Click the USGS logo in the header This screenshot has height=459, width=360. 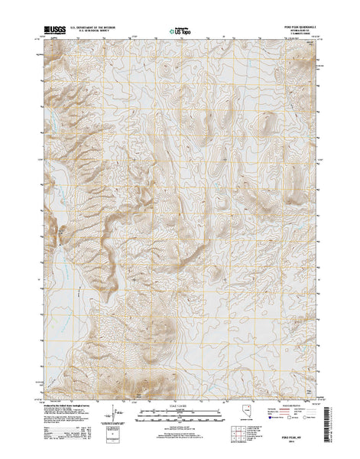57,30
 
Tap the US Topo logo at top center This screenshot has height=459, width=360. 180,33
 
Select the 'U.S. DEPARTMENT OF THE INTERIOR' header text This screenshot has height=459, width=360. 96,28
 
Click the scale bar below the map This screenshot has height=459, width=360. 180,416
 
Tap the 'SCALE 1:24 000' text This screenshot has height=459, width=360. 180,406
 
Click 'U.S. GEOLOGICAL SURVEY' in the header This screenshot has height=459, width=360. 96,32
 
